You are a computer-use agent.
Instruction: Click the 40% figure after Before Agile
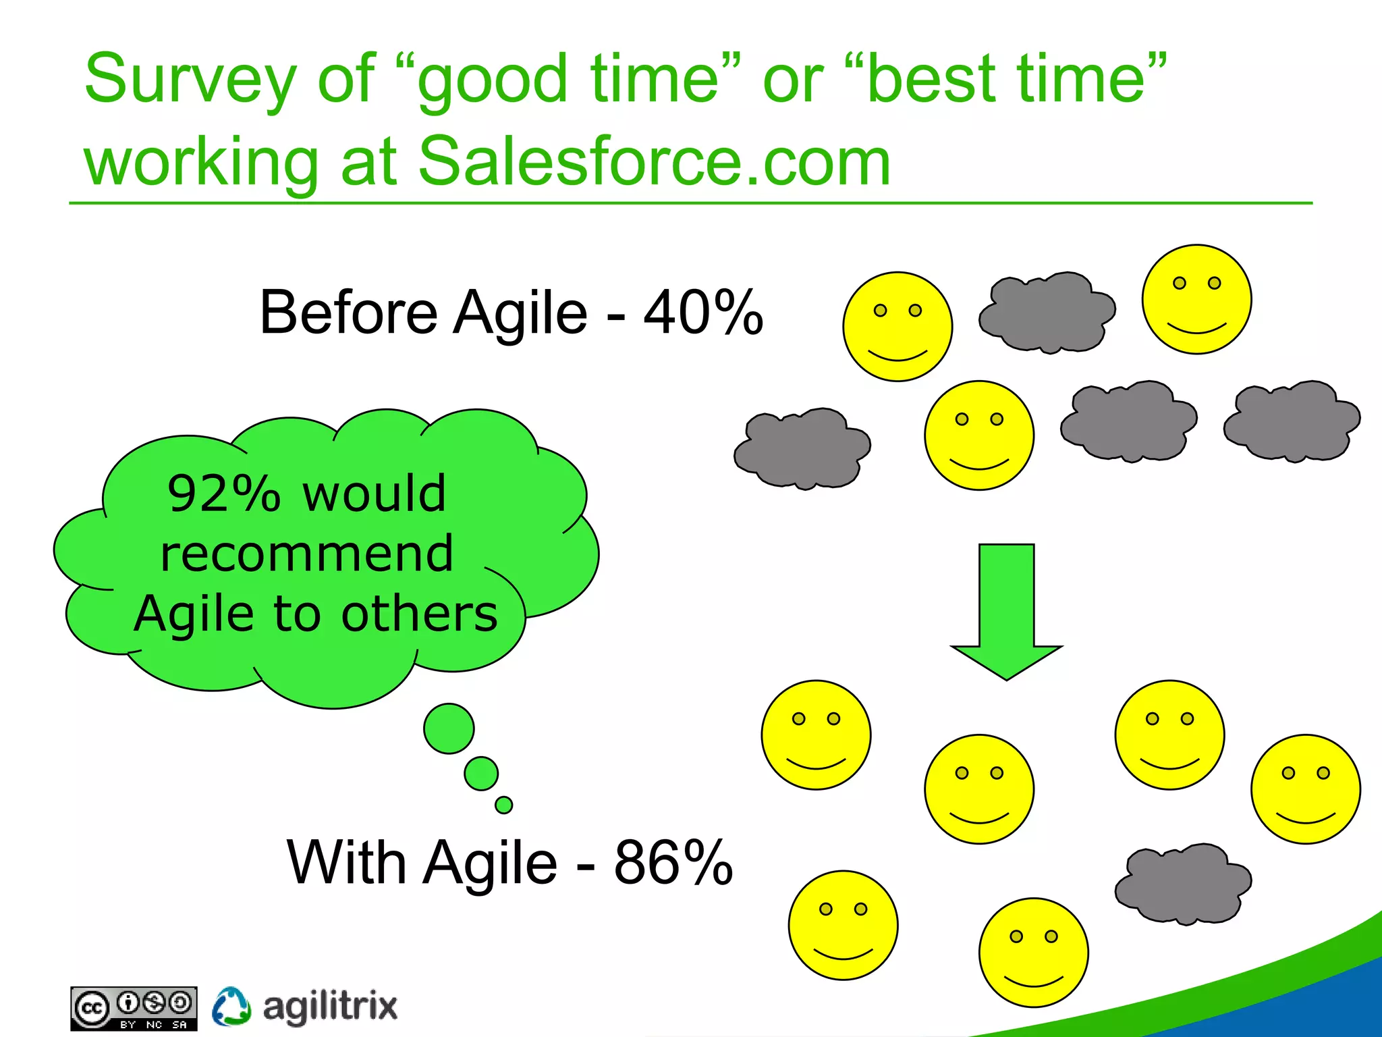click(702, 312)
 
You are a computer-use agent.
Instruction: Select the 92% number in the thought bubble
click(223, 494)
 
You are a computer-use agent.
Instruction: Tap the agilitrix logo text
click(329, 1006)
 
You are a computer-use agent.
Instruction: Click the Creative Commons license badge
click(134, 1009)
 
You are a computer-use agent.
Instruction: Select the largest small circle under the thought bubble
click(449, 728)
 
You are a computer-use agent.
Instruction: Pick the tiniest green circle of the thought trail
click(503, 805)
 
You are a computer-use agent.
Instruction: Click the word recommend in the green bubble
click(307, 554)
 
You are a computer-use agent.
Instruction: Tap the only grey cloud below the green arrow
click(1182, 883)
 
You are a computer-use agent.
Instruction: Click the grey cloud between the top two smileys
click(1046, 313)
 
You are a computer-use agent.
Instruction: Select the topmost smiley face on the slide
click(1196, 299)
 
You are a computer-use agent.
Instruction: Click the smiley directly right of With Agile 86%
click(843, 924)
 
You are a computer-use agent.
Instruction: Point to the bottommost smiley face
click(1033, 952)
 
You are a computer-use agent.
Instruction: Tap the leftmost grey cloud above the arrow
click(802, 448)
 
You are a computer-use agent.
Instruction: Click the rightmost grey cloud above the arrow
click(1292, 421)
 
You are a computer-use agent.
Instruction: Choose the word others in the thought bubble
click(419, 614)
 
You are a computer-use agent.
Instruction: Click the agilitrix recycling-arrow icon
click(231, 1006)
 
